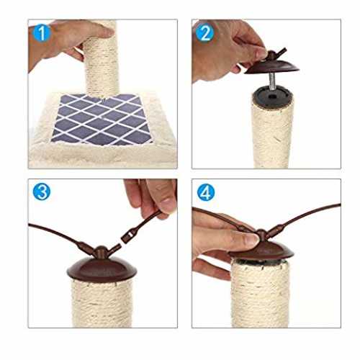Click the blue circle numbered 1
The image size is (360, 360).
42,33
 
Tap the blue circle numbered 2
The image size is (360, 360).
204,33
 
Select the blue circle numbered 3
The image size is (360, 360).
42,192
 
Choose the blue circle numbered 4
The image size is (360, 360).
206,192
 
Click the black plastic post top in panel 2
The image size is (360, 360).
272,96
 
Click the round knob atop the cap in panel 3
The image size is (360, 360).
101,252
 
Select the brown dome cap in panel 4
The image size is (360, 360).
261,251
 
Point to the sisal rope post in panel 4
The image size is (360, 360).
261,293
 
